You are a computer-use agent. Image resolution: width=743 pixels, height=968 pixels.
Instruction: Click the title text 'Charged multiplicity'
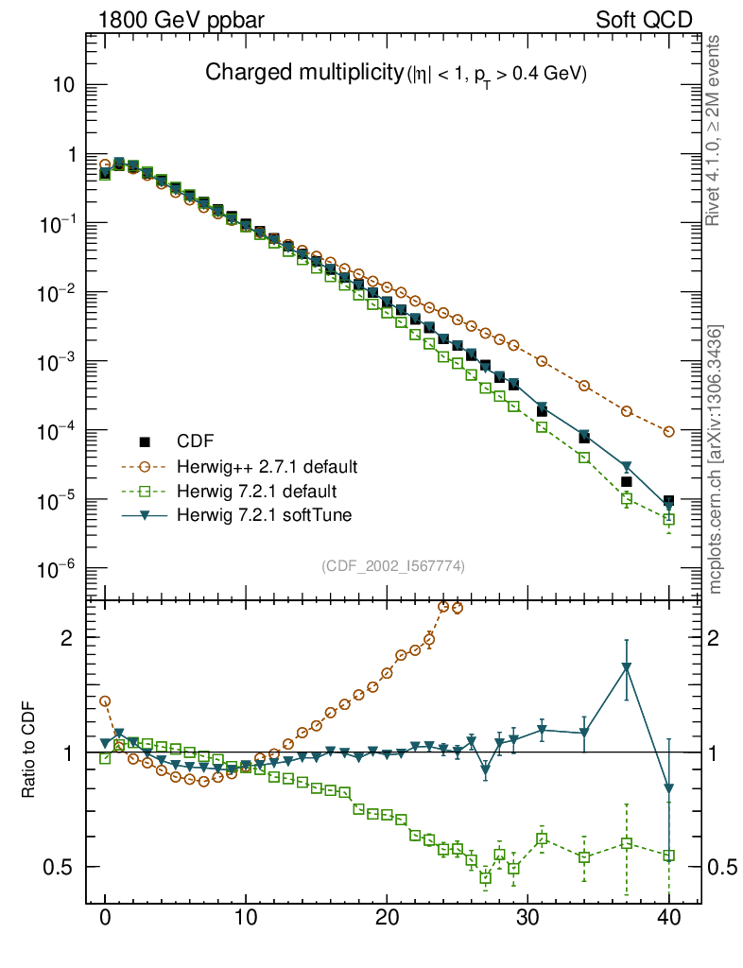[302, 74]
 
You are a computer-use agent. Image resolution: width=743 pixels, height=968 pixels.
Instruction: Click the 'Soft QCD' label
[644, 19]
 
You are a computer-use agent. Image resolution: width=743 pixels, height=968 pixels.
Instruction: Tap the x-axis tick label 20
[387, 918]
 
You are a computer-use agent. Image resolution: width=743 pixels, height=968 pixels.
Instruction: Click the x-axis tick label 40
[668, 918]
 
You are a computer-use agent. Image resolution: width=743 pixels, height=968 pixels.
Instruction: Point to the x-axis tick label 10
[246, 918]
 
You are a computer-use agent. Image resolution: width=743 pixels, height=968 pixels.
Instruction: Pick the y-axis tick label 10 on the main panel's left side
[64, 85]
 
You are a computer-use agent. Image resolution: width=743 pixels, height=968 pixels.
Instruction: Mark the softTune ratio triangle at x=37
[627, 667]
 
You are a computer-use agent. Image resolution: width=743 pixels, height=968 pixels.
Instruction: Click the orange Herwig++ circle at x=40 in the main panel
[668, 431]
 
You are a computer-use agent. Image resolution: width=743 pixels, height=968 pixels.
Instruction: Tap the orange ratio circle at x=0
[106, 701]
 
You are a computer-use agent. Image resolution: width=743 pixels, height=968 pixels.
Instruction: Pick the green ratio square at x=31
[542, 838]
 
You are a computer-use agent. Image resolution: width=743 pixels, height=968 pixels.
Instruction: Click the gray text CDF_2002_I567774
[393, 566]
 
